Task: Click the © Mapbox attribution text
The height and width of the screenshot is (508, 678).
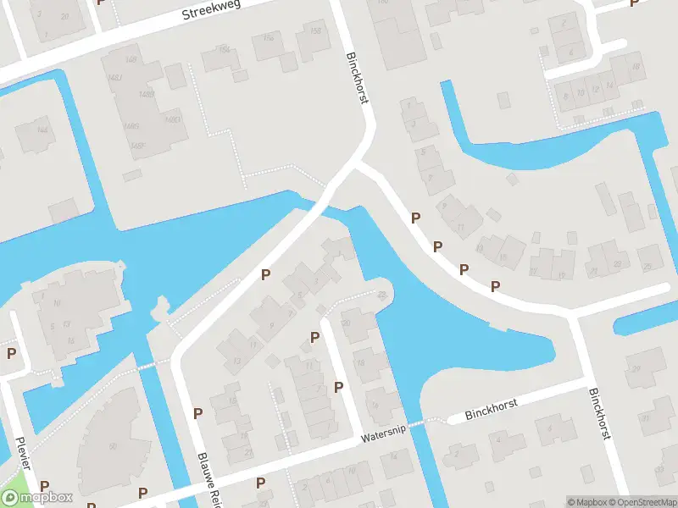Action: click(x=588, y=502)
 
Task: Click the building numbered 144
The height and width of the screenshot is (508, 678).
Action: click(x=42, y=130)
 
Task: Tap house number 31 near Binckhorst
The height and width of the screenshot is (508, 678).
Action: click(x=647, y=417)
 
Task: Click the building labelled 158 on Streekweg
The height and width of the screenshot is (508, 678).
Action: click(x=315, y=32)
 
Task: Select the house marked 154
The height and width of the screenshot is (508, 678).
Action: click(x=225, y=50)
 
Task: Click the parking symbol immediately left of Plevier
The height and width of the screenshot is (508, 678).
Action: click(x=12, y=353)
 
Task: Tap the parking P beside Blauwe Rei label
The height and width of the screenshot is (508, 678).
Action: click(x=198, y=413)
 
